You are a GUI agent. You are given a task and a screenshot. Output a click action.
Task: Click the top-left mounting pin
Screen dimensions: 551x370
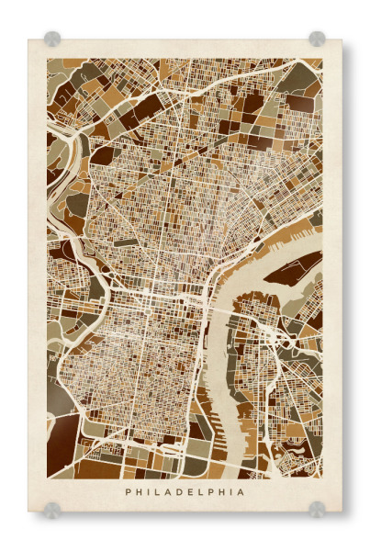[52, 39]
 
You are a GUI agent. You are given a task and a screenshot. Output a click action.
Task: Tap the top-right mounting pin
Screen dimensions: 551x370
[317, 39]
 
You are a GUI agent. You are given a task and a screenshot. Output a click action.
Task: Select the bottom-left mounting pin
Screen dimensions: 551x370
[52, 509]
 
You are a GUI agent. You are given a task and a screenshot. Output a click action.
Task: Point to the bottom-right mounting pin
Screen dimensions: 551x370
[317, 509]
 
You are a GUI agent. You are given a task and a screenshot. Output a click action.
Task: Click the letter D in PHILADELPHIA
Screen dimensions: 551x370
[182, 492]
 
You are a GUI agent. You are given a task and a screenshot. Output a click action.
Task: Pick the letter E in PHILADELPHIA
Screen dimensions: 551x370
[193, 492]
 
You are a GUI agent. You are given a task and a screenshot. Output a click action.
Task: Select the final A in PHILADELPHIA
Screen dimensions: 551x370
[241, 492]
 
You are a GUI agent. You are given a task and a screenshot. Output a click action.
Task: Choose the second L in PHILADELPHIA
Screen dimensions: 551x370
[203, 492]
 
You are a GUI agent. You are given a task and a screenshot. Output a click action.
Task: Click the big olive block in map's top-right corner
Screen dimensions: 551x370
[298, 78]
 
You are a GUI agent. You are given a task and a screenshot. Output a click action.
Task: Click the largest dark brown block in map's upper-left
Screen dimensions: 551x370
[147, 106]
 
